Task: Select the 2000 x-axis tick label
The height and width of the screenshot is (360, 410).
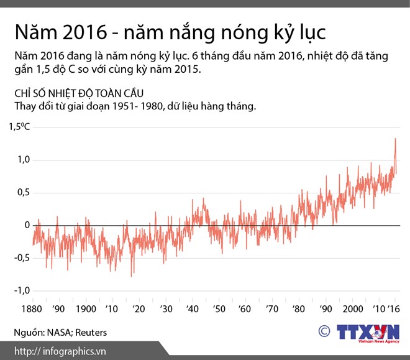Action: tap(352, 310)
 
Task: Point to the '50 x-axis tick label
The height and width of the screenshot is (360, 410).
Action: tap(219, 310)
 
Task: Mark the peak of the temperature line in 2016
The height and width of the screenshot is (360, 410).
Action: tap(396, 139)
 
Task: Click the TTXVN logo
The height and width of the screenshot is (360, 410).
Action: tap(368, 331)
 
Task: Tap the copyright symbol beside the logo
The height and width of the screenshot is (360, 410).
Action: tap(325, 331)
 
